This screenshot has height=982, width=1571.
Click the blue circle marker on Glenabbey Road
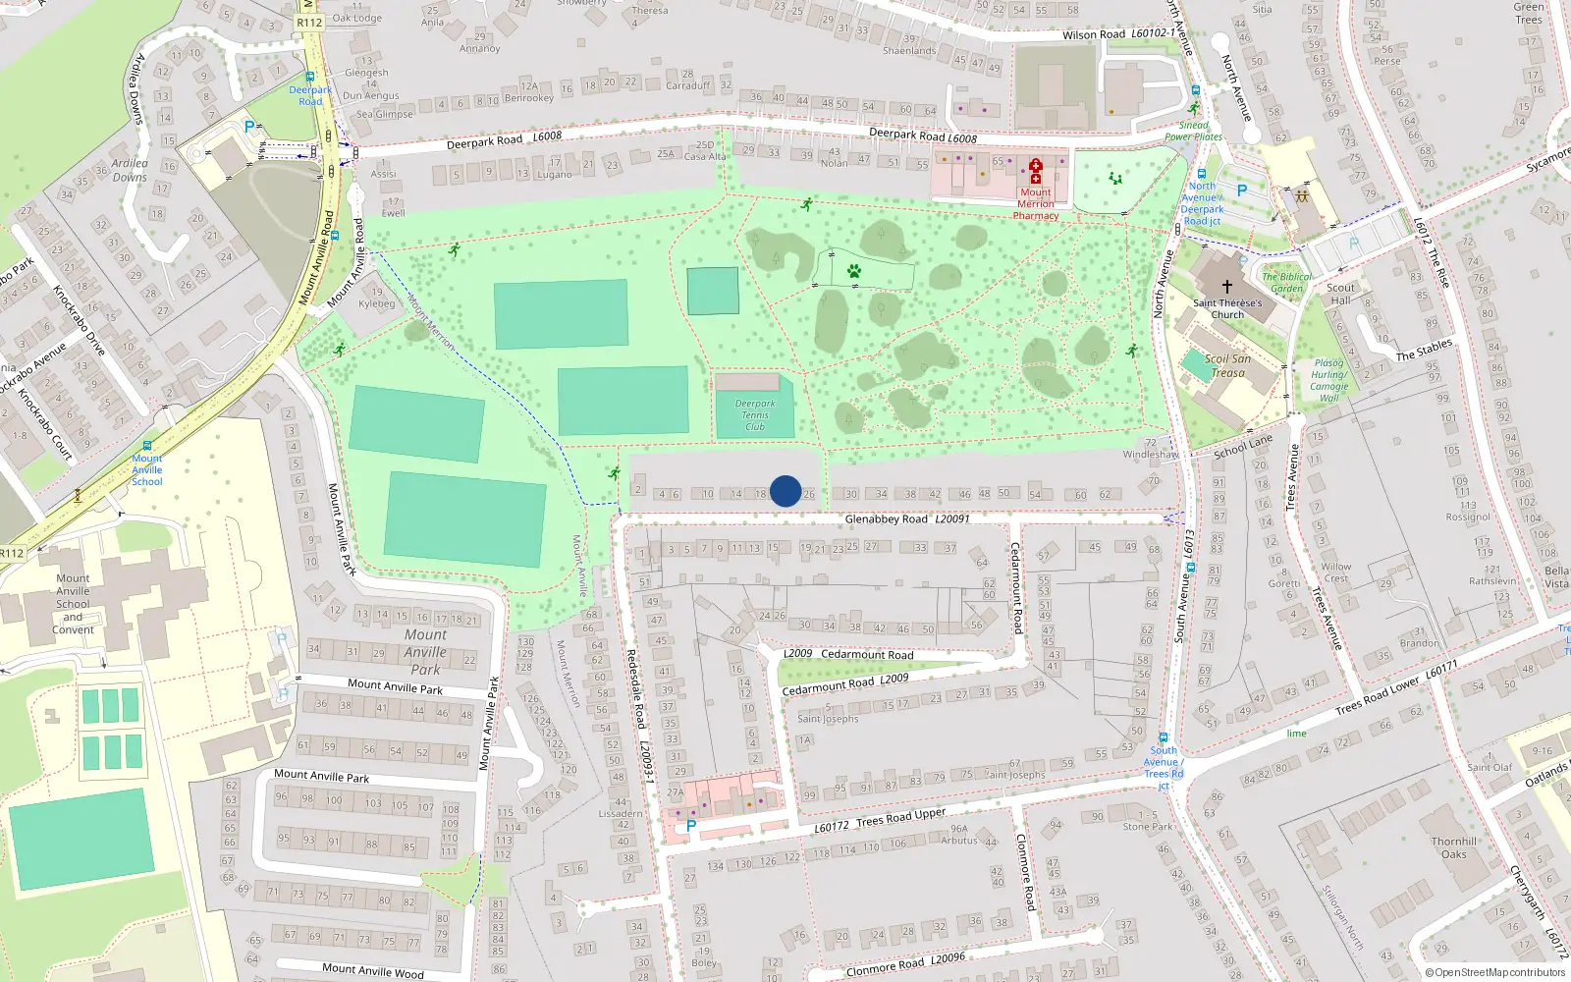pos(785,491)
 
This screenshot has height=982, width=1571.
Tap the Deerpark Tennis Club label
pos(755,415)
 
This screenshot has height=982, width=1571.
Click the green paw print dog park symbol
pos(853,270)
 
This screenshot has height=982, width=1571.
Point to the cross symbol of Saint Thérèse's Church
pos(1226,287)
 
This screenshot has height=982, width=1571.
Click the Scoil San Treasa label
pos(1227,365)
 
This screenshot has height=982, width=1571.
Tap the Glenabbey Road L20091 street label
pos(906,518)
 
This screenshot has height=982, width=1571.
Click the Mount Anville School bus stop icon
pos(147,446)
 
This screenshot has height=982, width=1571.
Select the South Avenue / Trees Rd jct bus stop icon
pos(1163,737)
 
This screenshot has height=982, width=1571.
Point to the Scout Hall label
pos(1340,294)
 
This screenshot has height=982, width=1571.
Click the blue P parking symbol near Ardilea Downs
pos(248,127)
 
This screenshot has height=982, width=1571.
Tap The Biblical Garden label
pos(1286,283)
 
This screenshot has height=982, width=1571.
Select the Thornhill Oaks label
pos(1453,847)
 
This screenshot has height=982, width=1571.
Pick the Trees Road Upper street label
pos(900,817)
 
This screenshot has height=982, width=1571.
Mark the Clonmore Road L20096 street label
pos(905,964)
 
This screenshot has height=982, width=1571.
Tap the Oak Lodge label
pos(356,18)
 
